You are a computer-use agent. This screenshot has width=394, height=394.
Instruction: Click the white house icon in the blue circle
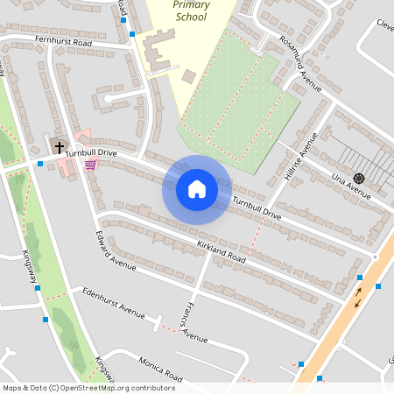click(197, 188)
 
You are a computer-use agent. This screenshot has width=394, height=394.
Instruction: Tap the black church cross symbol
click(60, 147)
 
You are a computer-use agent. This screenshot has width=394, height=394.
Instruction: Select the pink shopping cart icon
click(90, 164)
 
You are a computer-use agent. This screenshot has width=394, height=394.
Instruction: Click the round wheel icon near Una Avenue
click(359, 178)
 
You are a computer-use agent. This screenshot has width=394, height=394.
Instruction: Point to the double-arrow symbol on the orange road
click(357, 298)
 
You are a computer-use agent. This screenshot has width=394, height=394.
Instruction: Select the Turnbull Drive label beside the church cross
click(90, 152)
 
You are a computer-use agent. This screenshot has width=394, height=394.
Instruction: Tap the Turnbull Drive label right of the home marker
click(257, 209)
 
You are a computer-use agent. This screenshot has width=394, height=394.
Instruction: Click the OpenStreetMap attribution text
click(88, 388)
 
